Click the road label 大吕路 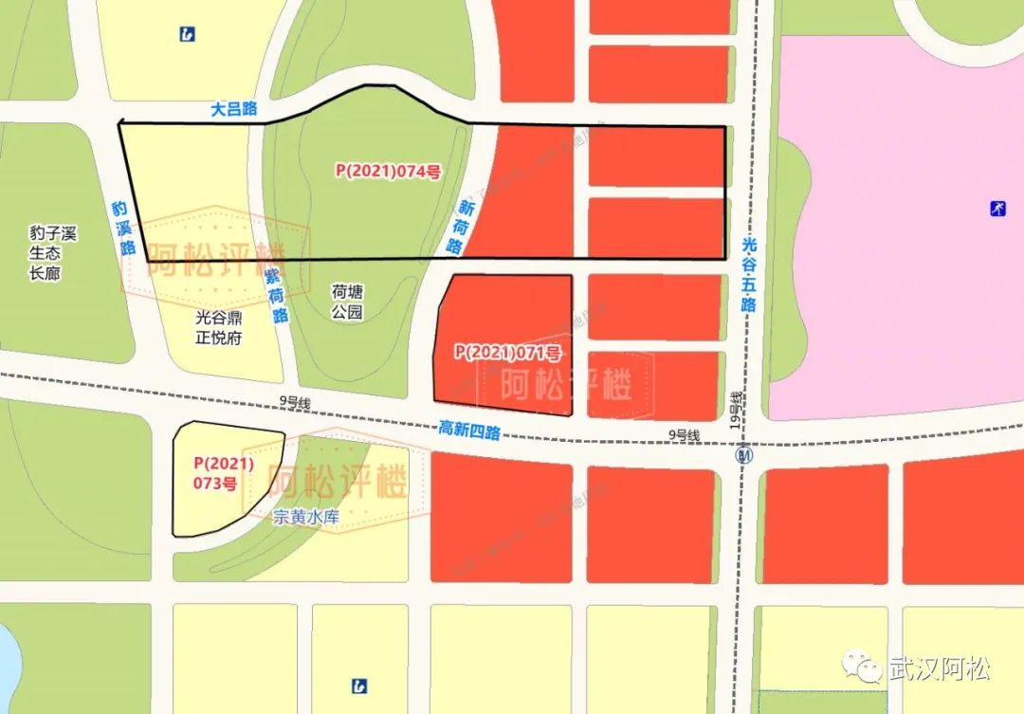pyautogui.click(x=234, y=109)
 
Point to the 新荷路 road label pyautogui.click(x=459, y=227)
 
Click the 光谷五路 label pyautogui.click(x=749, y=274)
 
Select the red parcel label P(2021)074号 pyautogui.click(x=388, y=171)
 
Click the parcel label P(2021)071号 pyautogui.click(x=507, y=352)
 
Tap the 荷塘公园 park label pyautogui.click(x=347, y=302)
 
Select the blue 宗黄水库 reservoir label pyautogui.click(x=306, y=517)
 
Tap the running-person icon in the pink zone pyautogui.click(x=997, y=207)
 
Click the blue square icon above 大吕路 pyautogui.click(x=187, y=34)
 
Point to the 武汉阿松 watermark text pyautogui.click(x=939, y=668)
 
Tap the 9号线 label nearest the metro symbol pyautogui.click(x=683, y=435)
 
